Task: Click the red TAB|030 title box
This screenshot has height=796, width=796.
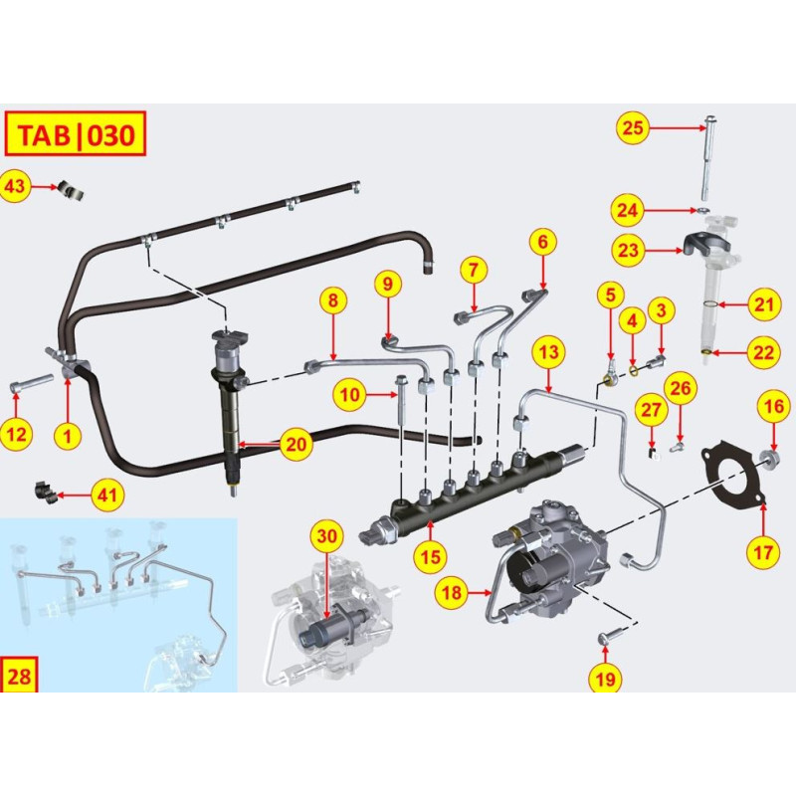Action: point(76,134)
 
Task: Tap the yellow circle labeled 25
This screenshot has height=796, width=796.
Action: point(634,126)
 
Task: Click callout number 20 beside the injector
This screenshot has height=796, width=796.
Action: point(296,445)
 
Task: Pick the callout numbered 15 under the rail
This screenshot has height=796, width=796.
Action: point(429,555)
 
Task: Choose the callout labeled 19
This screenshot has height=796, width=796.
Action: point(605,679)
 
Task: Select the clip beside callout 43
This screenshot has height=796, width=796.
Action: point(70,188)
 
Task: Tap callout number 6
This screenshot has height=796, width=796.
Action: point(542,242)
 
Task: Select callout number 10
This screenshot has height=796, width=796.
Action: point(348,395)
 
